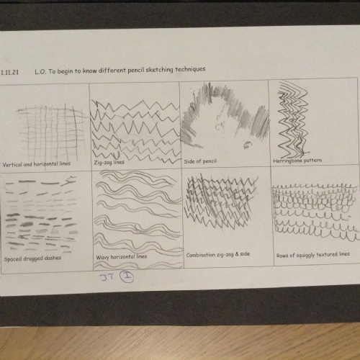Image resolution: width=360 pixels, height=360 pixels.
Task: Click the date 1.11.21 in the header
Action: (9, 72)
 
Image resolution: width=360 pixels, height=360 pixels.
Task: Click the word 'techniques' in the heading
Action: (190, 69)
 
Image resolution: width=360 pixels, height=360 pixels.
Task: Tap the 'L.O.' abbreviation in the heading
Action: (40, 72)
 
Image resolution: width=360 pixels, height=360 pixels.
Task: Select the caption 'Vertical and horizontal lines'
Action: (37, 164)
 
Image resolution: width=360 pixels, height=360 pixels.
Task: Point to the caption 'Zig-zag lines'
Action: (109, 163)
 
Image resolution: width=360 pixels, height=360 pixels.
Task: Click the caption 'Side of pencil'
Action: (200, 161)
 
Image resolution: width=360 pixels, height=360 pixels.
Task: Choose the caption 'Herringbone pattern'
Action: (297, 161)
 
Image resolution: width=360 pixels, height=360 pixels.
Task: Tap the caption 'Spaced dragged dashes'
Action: (32, 258)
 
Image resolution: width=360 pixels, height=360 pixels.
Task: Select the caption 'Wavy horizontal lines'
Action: (122, 257)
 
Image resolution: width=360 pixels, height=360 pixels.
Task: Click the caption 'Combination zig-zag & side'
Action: (218, 254)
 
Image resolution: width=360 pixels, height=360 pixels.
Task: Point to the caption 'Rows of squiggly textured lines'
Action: (313, 255)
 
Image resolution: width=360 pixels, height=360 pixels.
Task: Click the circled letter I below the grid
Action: (127, 276)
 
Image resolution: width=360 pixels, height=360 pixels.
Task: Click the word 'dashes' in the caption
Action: (53, 258)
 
